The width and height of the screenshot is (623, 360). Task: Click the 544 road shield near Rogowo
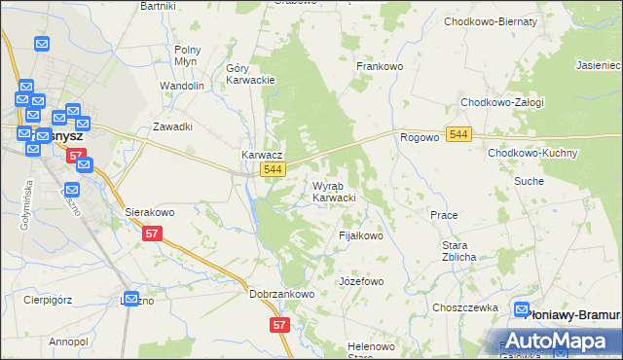[x=460, y=134]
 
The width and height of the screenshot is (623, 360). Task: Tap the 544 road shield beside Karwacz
[x=274, y=170]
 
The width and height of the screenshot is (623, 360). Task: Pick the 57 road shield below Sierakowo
[x=151, y=234]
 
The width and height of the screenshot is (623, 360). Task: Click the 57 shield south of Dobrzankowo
[x=280, y=325]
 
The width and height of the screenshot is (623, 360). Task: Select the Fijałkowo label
[x=361, y=235]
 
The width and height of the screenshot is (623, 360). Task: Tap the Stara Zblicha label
[x=458, y=251]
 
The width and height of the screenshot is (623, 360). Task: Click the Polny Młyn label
[x=187, y=55]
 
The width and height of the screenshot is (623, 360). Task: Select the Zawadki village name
[x=173, y=126]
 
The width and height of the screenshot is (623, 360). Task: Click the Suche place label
[x=557, y=181]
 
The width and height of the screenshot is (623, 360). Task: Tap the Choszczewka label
[x=465, y=307]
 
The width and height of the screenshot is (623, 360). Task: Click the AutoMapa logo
[x=555, y=341]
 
